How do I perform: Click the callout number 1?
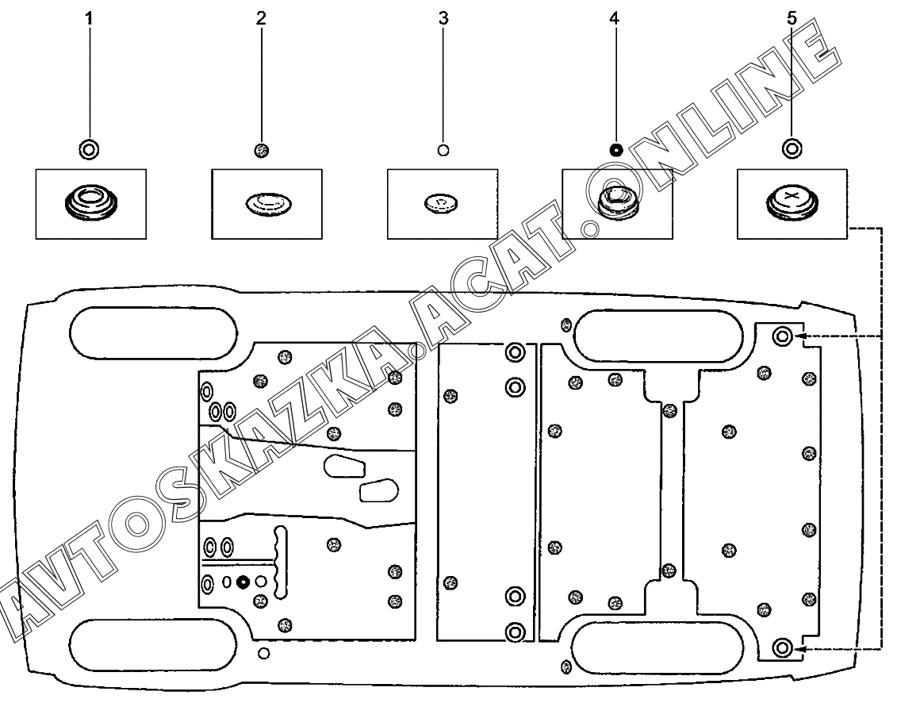coord(89,19)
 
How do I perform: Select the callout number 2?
coord(261,19)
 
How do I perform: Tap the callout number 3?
coord(443,19)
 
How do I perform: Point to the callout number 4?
coord(615,19)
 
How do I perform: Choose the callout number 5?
coord(791,19)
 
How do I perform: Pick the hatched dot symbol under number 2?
coord(261,149)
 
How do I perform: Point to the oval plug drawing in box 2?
coord(266,203)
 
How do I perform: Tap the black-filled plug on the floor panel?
coord(243,582)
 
